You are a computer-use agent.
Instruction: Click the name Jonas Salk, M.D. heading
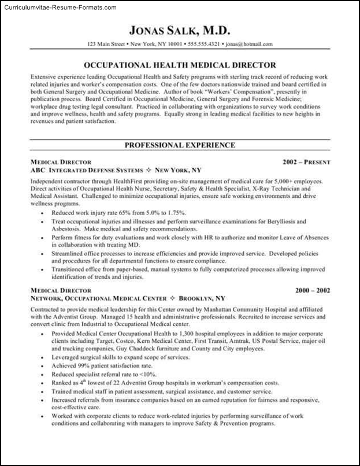coord(180,29)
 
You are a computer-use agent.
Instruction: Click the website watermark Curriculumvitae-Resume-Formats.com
coord(59,8)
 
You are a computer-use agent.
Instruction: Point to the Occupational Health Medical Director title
coord(180,65)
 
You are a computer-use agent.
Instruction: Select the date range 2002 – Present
coord(307,162)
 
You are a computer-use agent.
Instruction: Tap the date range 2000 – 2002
coord(308,290)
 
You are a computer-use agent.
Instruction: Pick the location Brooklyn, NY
coord(202,298)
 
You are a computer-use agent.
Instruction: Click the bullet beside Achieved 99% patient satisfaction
coord(44,366)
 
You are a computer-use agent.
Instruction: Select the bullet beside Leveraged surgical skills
coord(44,358)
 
